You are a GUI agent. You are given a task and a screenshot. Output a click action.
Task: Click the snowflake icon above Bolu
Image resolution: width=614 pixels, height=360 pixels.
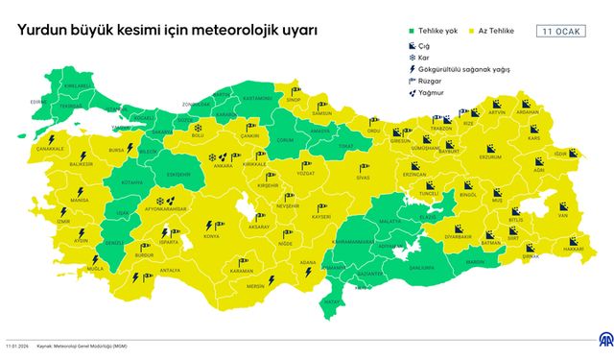[198, 128]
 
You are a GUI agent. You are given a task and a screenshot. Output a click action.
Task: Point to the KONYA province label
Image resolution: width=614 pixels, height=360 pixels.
[211, 235]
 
